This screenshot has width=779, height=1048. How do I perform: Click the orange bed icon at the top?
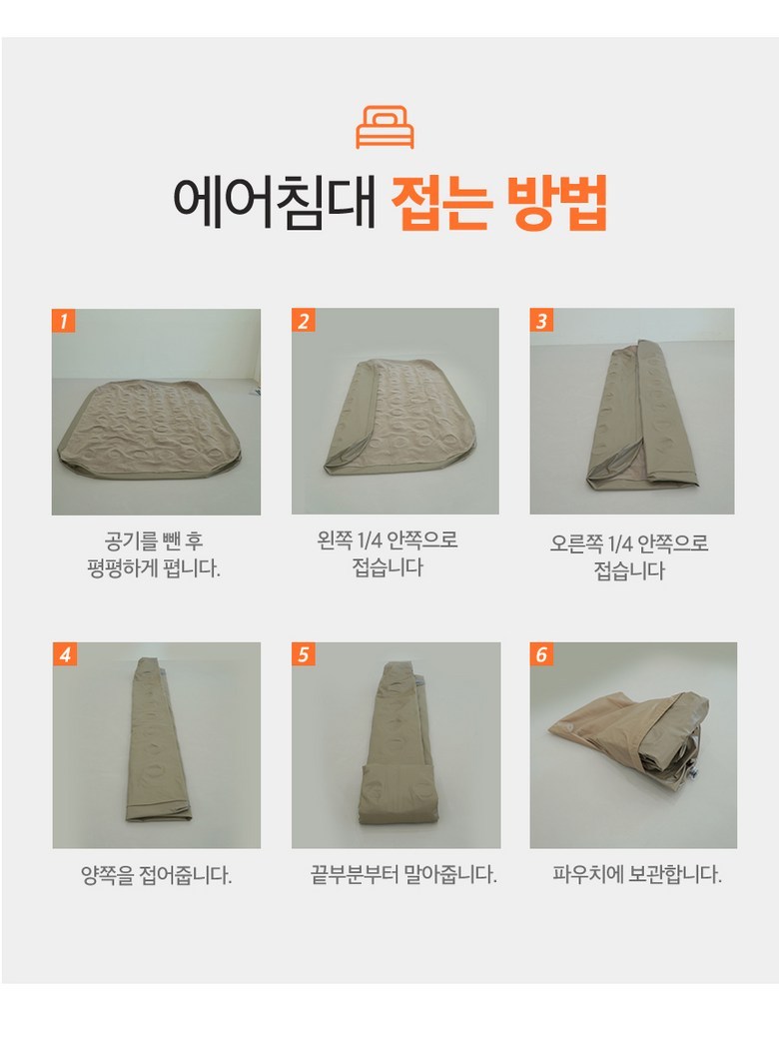pyautogui.click(x=385, y=127)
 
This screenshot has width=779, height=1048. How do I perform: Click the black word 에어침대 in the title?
pyautogui.click(x=275, y=203)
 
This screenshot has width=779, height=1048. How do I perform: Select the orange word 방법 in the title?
pyautogui.click(x=557, y=203)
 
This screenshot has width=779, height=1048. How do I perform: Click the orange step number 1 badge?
pyautogui.click(x=64, y=321)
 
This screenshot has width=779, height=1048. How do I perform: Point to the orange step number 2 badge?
pyautogui.click(x=303, y=321)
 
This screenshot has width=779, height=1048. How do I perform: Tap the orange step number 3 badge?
pyautogui.click(x=541, y=321)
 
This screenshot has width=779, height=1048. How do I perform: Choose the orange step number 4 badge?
pyautogui.click(x=64, y=654)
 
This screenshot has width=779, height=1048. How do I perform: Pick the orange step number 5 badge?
pyautogui.click(x=303, y=654)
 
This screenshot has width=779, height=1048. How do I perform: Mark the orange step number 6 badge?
pyautogui.click(x=541, y=654)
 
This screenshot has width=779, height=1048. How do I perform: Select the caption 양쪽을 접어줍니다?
pyautogui.click(x=157, y=874)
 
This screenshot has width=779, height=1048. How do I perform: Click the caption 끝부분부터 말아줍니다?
pyautogui.click(x=404, y=874)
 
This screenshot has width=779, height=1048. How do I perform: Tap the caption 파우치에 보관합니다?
pyautogui.click(x=637, y=874)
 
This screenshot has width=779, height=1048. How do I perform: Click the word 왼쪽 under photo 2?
pyautogui.click(x=334, y=539)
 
